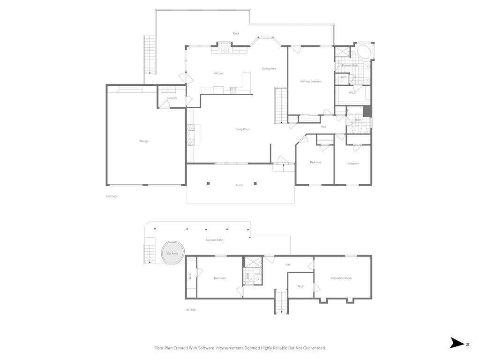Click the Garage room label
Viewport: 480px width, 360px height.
click(144, 141)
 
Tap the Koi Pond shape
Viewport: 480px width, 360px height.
click(172, 254)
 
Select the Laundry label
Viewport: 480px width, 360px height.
click(172, 98)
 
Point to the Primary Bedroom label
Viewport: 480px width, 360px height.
click(311, 82)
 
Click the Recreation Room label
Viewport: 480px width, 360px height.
click(341, 278)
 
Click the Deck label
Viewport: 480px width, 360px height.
click(236, 33)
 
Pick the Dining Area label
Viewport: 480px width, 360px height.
click(269, 69)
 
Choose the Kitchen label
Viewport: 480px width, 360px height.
click(218, 74)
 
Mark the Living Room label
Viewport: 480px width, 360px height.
click(242, 129)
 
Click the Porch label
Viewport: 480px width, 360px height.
click(239, 186)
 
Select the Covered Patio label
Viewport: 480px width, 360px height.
click(215, 240)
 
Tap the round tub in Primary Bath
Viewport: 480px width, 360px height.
click(363, 51)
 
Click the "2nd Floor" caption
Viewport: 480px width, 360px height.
click(112, 196)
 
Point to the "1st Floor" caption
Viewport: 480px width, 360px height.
click(190, 310)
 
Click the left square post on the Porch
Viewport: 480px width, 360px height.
click(209, 183)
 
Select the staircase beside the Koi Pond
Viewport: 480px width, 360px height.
click(149, 250)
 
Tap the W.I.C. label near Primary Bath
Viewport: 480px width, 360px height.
click(352, 92)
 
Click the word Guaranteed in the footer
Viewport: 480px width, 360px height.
click(314, 348)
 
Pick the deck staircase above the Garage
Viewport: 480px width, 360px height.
click(150, 54)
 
